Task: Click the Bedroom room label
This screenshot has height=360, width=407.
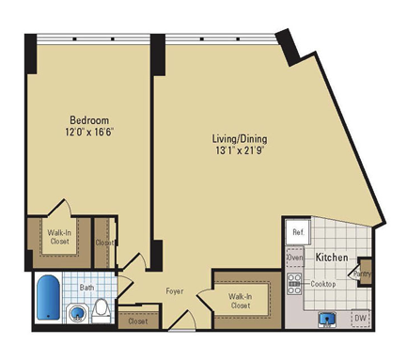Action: click(89, 120)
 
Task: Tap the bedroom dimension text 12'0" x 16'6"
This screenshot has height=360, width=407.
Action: click(89, 133)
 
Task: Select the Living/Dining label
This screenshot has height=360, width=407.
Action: click(240, 138)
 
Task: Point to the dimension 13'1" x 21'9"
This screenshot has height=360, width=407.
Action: click(239, 150)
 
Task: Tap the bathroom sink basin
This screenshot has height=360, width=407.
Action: click(77, 313)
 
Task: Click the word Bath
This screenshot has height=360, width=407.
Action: click(86, 287)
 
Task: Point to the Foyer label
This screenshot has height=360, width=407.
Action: click(175, 291)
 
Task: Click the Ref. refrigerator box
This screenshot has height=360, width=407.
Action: click(298, 232)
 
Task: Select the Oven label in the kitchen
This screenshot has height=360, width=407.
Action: click(295, 258)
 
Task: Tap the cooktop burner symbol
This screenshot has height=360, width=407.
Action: click(294, 284)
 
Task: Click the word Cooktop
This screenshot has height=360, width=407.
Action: click(323, 284)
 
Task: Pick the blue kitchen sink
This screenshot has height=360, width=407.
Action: click(327, 319)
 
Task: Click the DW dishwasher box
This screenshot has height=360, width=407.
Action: click(361, 318)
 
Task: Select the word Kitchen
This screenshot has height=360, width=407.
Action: click(332, 258)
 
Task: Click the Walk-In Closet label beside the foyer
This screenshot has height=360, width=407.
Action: click(240, 301)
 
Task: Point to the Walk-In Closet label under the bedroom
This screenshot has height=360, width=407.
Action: click(59, 237)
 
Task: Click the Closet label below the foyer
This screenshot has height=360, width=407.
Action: click(138, 321)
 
